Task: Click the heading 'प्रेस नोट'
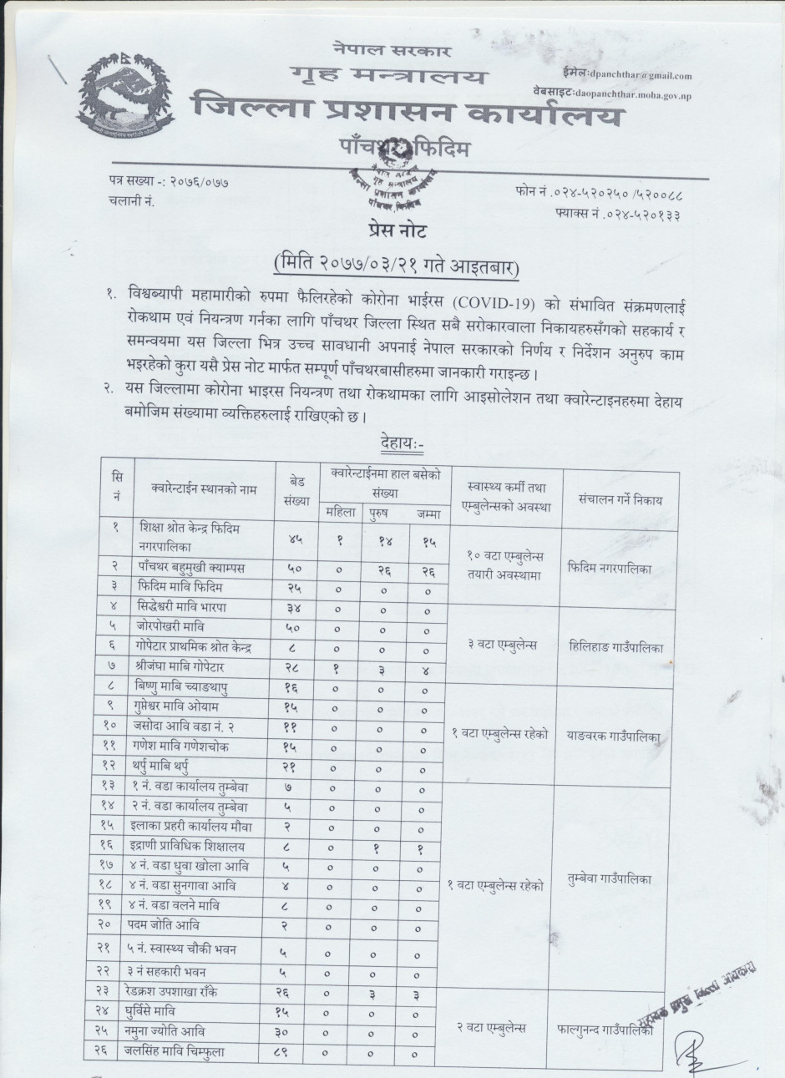tap(392, 230)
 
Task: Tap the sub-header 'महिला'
tap(340, 513)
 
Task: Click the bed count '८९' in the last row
tap(293, 1052)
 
